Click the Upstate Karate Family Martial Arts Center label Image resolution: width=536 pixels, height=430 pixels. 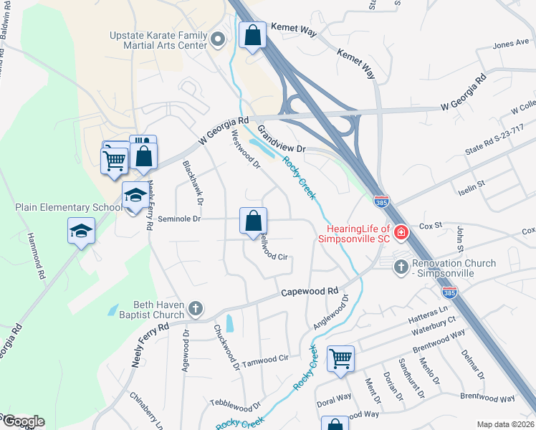coord(158,40)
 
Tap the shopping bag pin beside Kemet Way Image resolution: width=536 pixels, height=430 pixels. coord(253,36)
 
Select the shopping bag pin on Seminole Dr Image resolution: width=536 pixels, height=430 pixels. coord(253,221)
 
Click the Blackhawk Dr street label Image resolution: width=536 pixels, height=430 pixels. coord(193,178)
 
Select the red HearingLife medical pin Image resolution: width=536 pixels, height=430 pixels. coord(401,231)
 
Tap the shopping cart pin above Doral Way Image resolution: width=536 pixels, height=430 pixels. coord(340,358)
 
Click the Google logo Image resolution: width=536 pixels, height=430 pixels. coord(23,421)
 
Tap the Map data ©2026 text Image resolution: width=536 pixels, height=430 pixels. coord(504,424)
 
